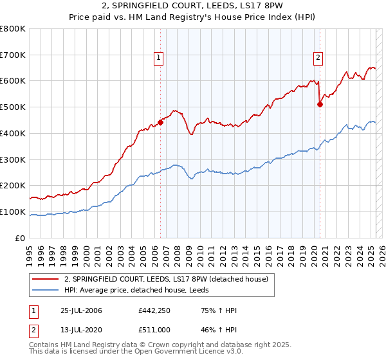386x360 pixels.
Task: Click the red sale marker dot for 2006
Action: (x=160, y=122)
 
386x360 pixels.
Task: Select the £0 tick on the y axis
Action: (x=21, y=239)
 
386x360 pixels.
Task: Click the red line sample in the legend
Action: (x=46, y=278)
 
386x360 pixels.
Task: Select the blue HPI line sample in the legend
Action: (x=46, y=289)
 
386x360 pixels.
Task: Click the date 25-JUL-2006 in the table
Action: (x=80, y=311)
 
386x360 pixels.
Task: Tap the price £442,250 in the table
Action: (x=153, y=311)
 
